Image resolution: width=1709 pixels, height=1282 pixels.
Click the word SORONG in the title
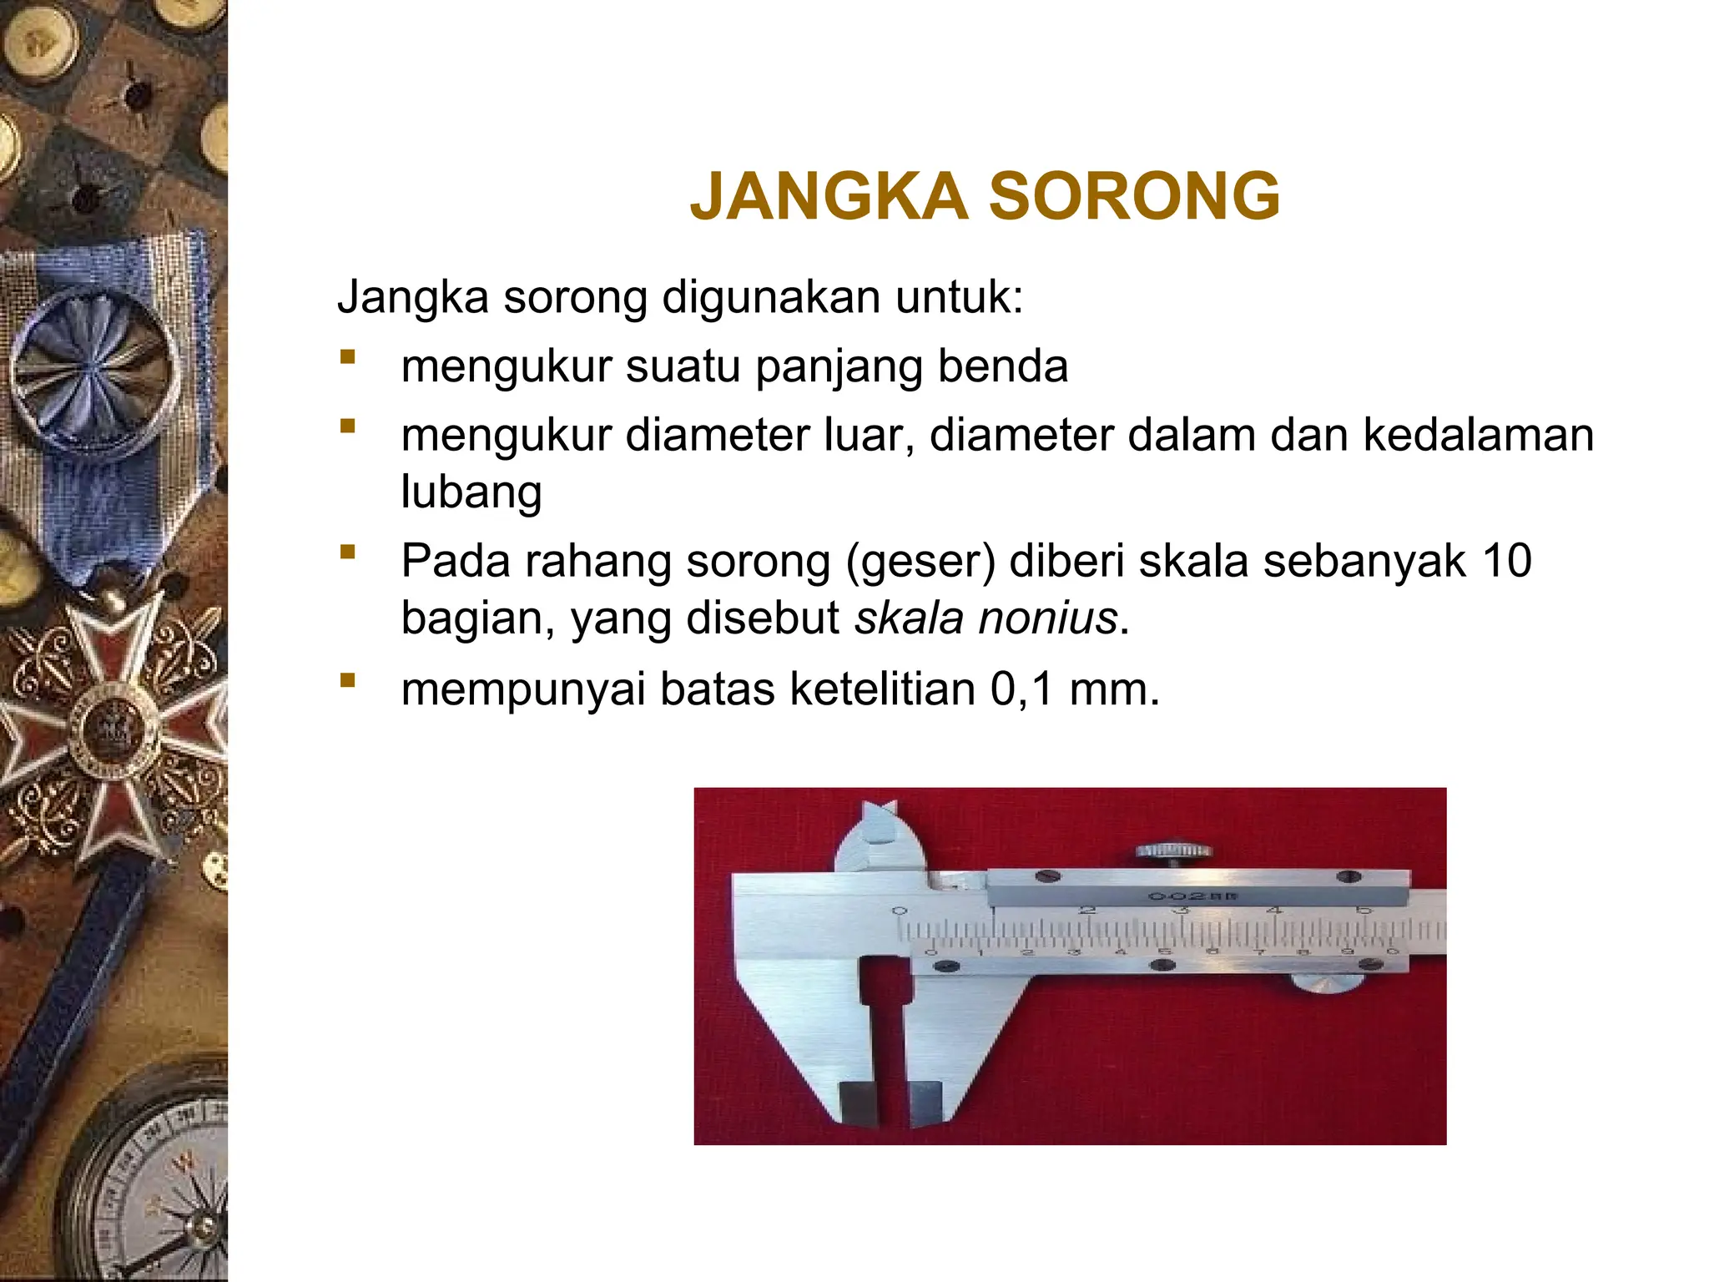[1134, 197]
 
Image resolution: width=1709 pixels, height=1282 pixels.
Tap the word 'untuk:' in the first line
[959, 297]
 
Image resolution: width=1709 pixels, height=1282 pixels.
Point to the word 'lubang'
[471, 492]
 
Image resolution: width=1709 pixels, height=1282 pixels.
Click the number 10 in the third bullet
[1506, 561]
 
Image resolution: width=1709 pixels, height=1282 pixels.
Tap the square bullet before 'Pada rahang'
[348, 552]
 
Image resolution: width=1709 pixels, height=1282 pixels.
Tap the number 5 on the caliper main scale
[1364, 910]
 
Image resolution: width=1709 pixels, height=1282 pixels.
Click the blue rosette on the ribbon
[92, 367]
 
